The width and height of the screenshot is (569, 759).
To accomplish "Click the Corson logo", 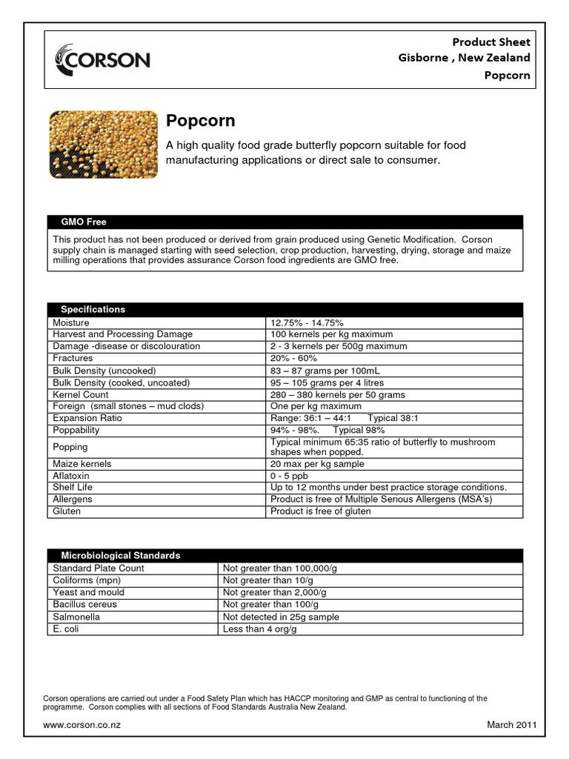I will tap(103, 59).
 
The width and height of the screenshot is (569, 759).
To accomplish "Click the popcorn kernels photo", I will tap(103, 145).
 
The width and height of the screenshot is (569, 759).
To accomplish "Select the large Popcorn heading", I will tap(201, 121).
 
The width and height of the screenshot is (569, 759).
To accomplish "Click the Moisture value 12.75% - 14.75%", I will tap(307, 323).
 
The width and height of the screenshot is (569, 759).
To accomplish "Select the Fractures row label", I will tap(73, 358).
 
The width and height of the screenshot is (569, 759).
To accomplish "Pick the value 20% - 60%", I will tap(293, 358).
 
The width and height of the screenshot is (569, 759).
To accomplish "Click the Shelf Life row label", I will tap(73, 488).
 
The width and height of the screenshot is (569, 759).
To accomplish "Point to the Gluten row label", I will tap(67, 511).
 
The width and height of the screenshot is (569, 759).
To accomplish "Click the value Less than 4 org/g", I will tap(259, 629).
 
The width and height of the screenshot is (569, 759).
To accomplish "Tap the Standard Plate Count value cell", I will tap(280, 568).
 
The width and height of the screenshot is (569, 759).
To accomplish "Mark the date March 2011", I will tap(511, 724).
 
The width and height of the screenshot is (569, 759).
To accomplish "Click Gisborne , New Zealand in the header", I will tap(465, 58).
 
